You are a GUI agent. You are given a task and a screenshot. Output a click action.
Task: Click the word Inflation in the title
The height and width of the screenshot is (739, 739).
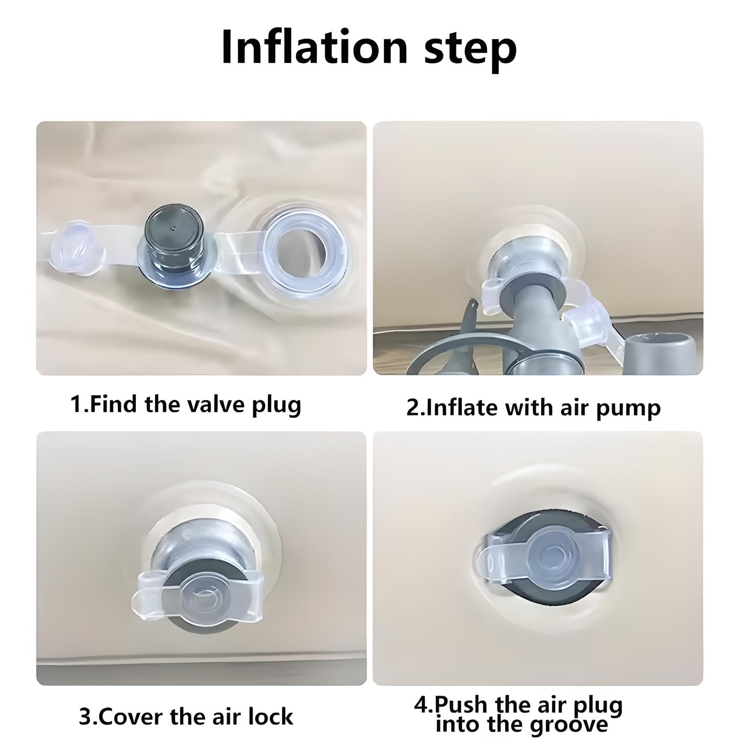tap(315, 47)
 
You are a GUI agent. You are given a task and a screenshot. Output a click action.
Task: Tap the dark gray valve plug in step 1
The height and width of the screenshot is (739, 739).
tap(174, 245)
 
